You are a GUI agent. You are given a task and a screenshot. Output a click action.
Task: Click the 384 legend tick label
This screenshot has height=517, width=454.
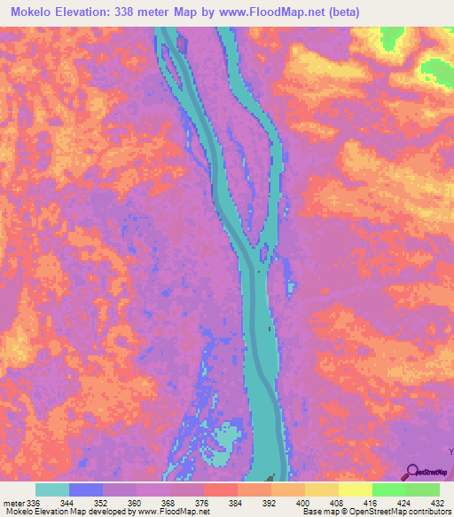tap(236, 503)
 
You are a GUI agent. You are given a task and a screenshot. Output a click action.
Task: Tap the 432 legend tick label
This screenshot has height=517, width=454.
tap(437, 503)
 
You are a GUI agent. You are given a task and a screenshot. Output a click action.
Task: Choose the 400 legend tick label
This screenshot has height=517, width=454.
tap(303, 503)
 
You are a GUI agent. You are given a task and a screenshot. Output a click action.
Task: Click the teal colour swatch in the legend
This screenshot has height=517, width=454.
tap(51, 490)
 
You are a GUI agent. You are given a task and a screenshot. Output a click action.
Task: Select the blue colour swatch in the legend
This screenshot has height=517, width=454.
tap(85, 490)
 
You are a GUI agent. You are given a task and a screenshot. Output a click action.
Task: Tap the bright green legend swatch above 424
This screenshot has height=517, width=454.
tap(388, 490)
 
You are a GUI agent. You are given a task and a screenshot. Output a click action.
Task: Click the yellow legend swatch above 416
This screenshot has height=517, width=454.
tap(355, 490)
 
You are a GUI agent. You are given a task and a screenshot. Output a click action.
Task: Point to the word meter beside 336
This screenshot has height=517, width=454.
tap(14, 503)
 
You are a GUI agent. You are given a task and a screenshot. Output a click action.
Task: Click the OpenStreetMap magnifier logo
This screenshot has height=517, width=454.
tap(412, 471)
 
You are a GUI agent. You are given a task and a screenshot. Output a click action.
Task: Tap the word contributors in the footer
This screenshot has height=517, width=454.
tap(427, 512)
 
